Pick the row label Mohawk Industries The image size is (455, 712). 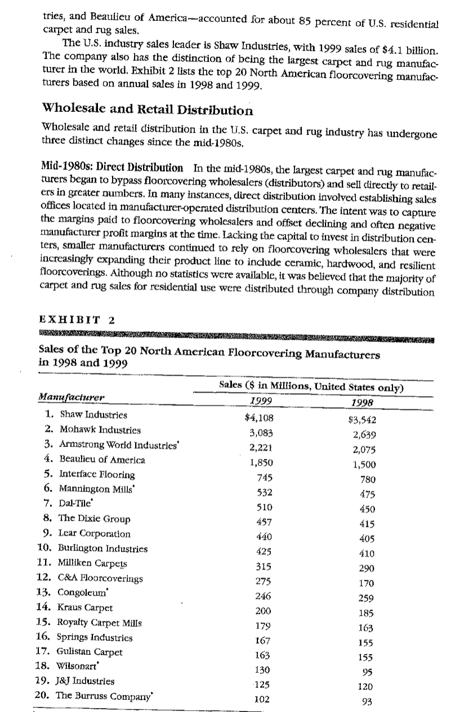[92, 430]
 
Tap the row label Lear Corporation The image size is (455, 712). [87, 534]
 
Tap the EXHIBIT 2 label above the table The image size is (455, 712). [77, 321]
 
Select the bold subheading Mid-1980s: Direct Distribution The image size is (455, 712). [113, 168]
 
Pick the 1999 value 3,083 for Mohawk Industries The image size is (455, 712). [261, 432]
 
